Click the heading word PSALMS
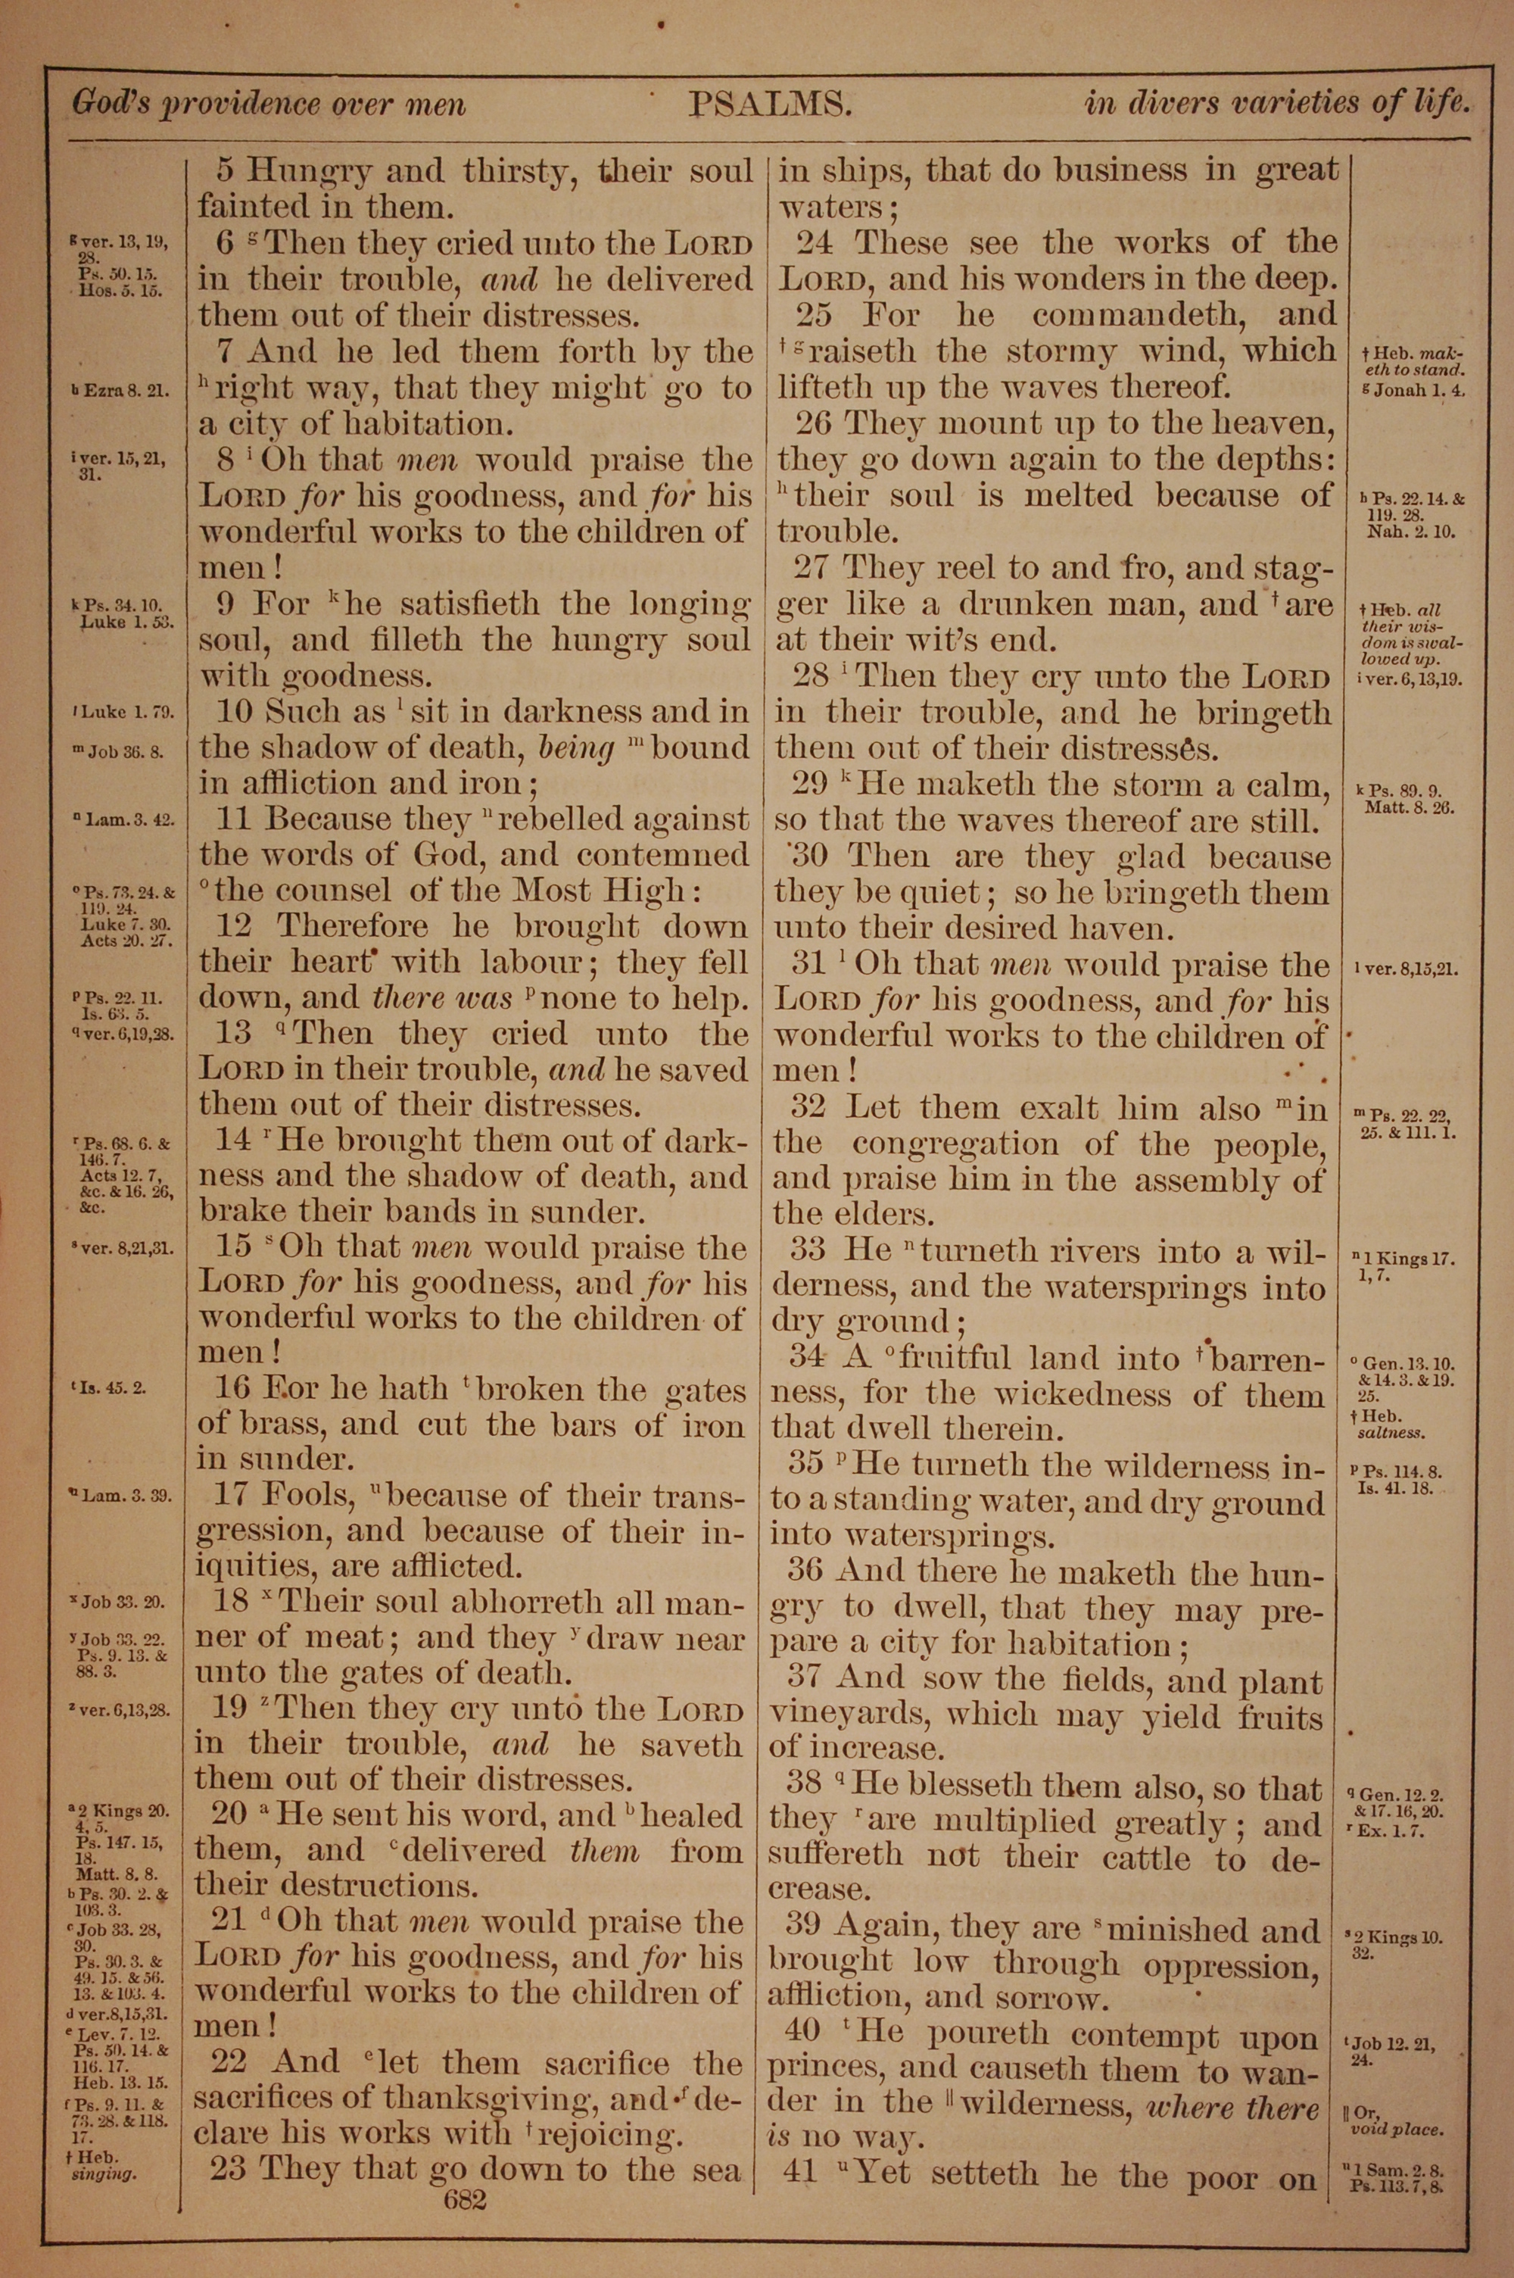coord(770,103)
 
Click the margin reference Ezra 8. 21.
coord(120,390)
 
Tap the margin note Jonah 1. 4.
coord(1417,390)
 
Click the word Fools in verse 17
coord(307,1495)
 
